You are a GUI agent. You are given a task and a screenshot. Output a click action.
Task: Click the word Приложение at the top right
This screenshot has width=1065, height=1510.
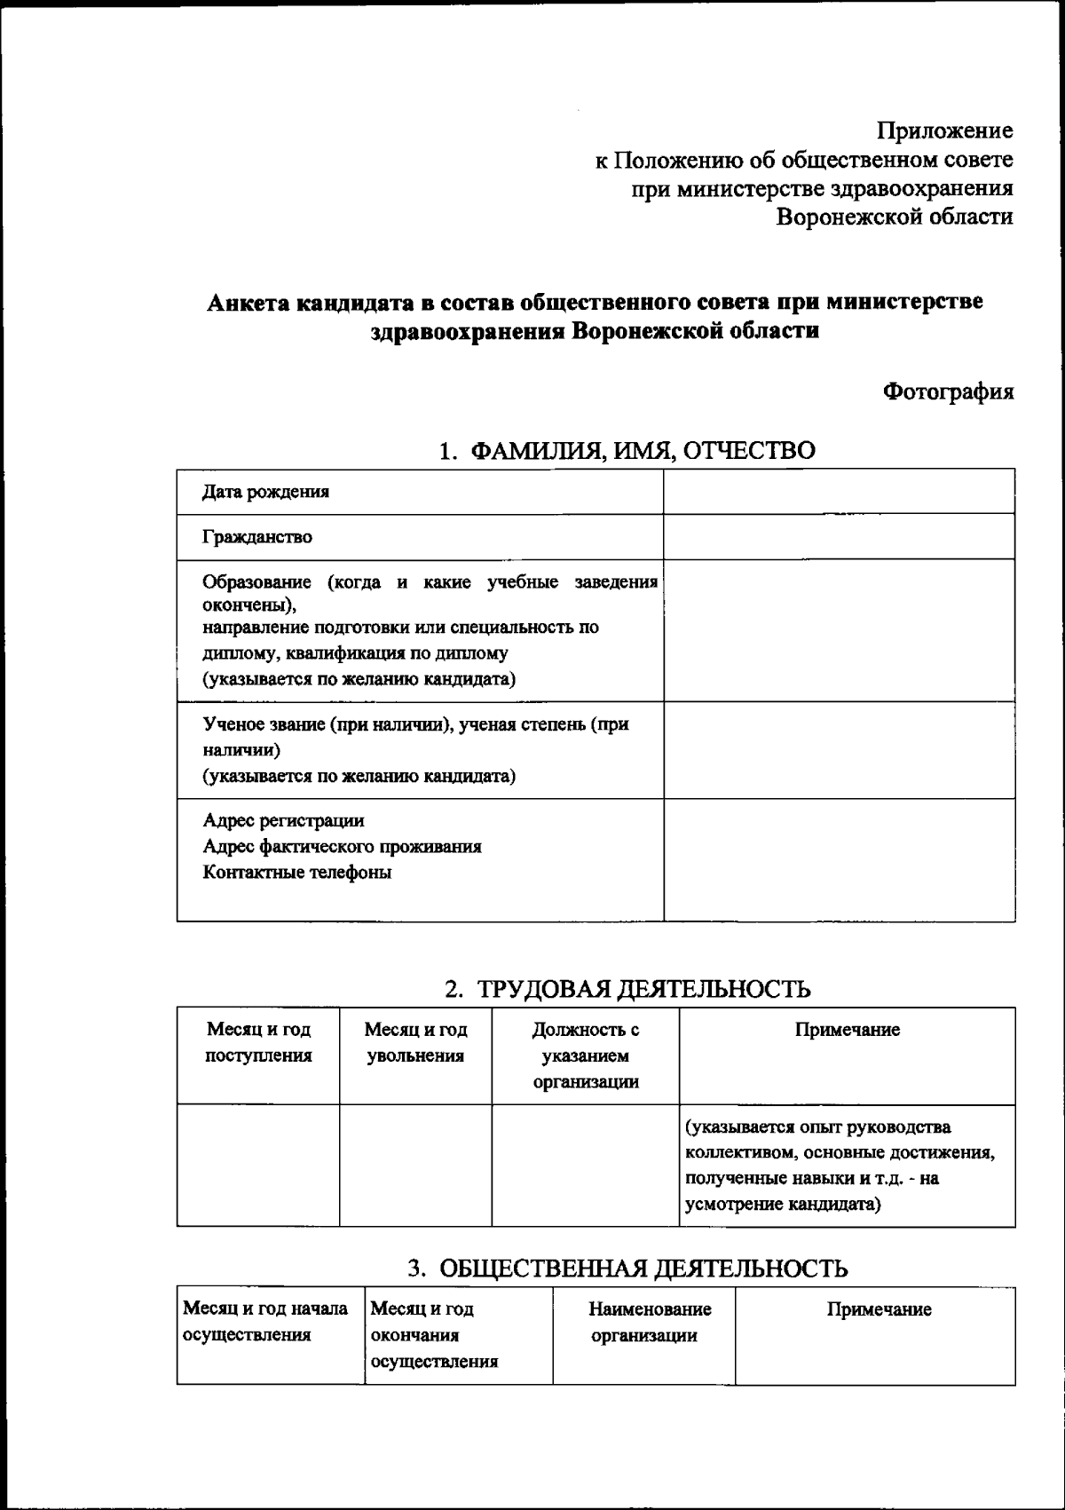944,131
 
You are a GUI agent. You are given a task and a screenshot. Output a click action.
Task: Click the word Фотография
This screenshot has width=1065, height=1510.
948,391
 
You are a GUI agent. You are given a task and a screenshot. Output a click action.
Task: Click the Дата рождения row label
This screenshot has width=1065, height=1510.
265,492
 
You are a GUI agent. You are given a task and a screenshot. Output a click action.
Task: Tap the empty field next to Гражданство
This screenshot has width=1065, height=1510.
839,537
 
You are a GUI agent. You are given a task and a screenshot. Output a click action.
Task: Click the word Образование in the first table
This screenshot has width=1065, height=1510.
256,582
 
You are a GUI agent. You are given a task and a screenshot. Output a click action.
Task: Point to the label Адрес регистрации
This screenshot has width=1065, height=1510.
283,820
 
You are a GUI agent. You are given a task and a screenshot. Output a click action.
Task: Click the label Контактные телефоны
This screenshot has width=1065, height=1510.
297,872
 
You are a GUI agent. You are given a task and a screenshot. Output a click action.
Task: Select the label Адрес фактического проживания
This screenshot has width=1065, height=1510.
342,846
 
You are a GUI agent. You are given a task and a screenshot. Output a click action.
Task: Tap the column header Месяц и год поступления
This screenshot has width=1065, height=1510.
258,1042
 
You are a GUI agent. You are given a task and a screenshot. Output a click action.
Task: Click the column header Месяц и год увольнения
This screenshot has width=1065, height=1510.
415,1042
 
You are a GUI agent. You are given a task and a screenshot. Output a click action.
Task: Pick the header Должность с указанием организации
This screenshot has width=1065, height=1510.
586,1055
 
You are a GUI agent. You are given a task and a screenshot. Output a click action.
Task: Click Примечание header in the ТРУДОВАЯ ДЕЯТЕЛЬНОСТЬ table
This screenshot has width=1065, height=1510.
847,1030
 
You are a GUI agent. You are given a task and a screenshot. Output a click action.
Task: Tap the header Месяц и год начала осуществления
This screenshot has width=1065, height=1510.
264,1322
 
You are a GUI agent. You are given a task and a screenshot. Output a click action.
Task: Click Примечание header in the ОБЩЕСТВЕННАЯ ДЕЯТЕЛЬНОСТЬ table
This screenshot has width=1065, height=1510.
879,1309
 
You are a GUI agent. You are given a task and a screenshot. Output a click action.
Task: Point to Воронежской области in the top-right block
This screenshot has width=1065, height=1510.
894,217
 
